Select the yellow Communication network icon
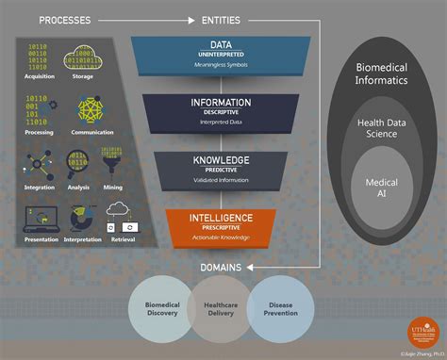(x=85, y=109)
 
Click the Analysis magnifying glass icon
(x=78, y=163)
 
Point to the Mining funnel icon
(x=111, y=159)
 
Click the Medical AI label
(x=381, y=188)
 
